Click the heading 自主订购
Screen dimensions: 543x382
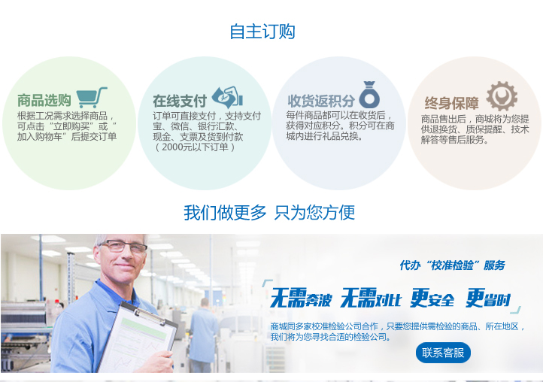coord(262,32)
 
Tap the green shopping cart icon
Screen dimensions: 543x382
coord(92,97)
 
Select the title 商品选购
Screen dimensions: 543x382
coord(44,101)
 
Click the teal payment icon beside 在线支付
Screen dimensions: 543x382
coord(228,97)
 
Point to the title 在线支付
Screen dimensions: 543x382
coord(180,101)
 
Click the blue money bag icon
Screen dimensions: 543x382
coord(369,95)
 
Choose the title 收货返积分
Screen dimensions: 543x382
coord(321,101)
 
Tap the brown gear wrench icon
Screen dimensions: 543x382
coord(502,96)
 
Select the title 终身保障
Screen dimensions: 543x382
coord(451,103)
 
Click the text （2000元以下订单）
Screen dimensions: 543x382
coord(195,147)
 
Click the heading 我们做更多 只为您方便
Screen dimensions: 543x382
coord(269,212)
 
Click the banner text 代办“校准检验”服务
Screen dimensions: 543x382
coord(452,265)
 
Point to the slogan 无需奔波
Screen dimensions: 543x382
coord(301,298)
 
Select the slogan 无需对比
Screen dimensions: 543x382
coord(371,298)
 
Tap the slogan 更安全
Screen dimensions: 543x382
coord(432,298)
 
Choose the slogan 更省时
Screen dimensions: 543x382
coord(488,298)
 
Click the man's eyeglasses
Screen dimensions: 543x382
coord(123,247)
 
